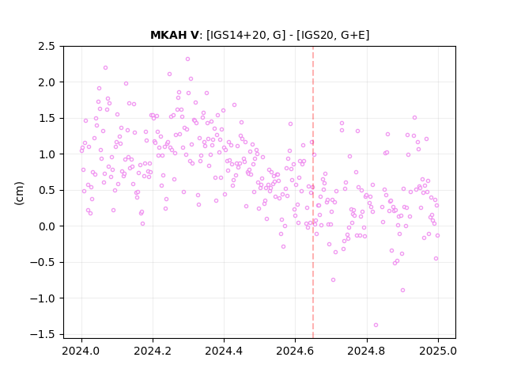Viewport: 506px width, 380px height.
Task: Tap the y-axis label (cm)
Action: (x=19, y=193)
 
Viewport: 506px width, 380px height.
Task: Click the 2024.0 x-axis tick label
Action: (x=81, y=351)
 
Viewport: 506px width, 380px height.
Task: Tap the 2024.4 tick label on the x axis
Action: (x=224, y=351)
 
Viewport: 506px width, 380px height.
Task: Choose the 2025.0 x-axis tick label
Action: (x=438, y=351)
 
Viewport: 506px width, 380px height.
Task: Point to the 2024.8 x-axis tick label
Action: (x=367, y=351)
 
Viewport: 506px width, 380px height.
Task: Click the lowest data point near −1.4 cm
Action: (x=376, y=325)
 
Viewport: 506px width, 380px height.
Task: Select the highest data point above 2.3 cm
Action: (x=188, y=59)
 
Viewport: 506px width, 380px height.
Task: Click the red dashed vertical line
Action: (x=313, y=192)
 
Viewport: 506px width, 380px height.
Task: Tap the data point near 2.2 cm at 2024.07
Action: (x=105, y=68)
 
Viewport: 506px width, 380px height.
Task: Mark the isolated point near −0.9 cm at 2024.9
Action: (x=402, y=291)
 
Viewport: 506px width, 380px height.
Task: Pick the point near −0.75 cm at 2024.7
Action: (x=334, y=279)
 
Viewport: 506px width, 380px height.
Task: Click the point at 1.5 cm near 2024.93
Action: (x=414, y=118)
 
